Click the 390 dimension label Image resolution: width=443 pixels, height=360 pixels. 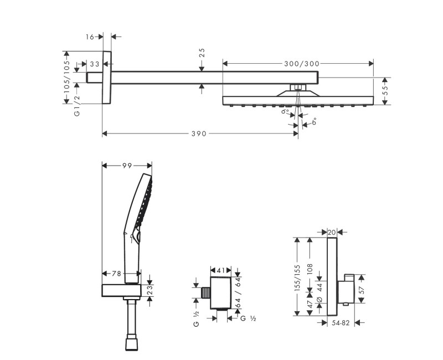click(199, 133)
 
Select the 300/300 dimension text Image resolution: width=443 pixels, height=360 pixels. click(302, 64)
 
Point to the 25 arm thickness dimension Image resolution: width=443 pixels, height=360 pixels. click(202, 53)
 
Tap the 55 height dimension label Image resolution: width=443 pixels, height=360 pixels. click(385, 91)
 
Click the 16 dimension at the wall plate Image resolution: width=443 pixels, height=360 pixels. click(91, 37)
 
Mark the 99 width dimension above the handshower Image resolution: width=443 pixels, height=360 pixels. click(127, 164)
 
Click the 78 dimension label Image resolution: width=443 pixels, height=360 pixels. click(116, 273)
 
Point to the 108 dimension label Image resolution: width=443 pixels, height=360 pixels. click(311, 270)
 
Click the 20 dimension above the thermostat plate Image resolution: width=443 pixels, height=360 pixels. click(332, 232)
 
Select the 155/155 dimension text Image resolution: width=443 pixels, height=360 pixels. click(297, 277)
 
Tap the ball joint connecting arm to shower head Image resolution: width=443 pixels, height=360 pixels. click(298, 87)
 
